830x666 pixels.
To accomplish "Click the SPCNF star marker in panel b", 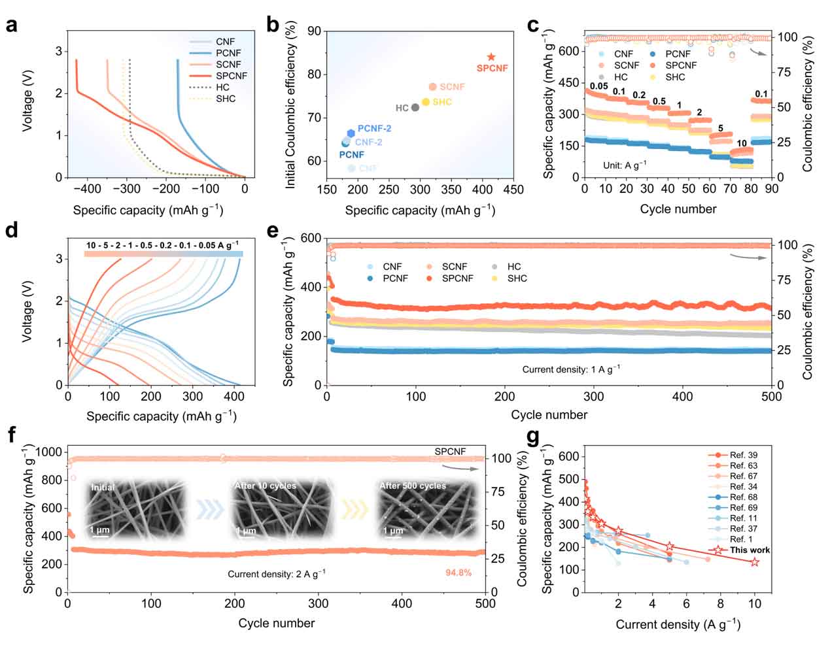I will click(x=491, y=58).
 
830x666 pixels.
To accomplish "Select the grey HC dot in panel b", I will click(x=415, y=107).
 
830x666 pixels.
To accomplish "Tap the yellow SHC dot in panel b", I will click(x=426, y=102).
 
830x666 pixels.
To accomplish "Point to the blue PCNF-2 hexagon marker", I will click(x=351, y=133).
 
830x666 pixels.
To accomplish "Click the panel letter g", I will click(x=533, y=437).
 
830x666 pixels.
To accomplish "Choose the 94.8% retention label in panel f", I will click(x=458, y=573).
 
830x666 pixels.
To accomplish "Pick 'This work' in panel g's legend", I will click(x=750, y=550).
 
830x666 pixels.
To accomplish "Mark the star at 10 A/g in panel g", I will click(x=755, y=562).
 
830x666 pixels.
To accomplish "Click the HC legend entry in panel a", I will click(x=222, y=87).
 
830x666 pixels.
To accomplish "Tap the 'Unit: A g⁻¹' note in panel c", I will click(x=624, y=165).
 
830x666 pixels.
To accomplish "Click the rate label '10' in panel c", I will click(x=741, y=143).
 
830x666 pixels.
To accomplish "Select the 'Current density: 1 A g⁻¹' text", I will click(x=570, y=369).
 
